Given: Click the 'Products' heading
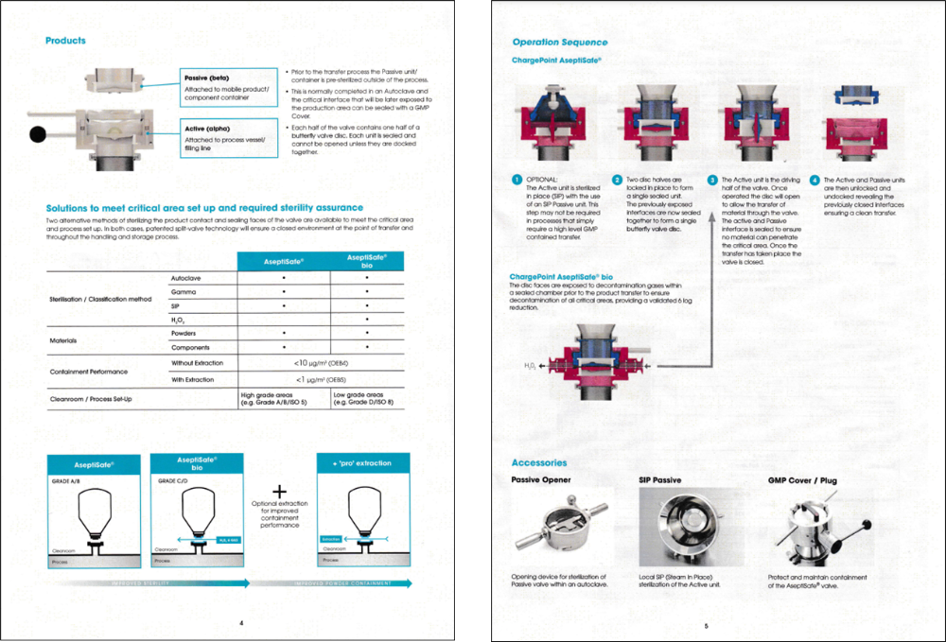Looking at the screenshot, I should tap(65, 41).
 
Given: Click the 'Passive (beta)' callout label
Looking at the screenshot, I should tap(205, 78).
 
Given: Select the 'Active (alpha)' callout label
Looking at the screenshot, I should tap(206, 129).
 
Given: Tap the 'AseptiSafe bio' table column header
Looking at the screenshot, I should tap(367, 260).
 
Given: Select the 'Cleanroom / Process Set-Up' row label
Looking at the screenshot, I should tap(91, 399).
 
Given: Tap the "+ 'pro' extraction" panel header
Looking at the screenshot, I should tap(362, 463).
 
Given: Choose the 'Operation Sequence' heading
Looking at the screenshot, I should tap(560, 42).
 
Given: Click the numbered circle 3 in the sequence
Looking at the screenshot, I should tap(712, 180).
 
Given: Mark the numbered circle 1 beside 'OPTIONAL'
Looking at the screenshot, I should tap(517, 180).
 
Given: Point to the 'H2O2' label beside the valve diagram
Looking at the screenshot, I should tap(529, 364).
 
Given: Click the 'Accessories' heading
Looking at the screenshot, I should tap(538, 462).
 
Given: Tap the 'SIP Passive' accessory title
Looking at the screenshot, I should tap(660, 480).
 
